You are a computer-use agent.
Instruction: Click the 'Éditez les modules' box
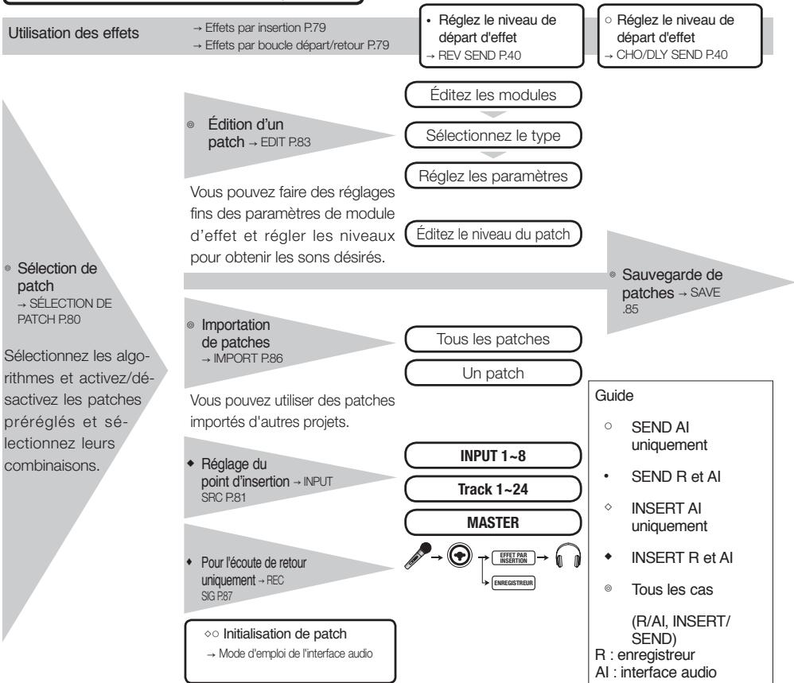point(492,95)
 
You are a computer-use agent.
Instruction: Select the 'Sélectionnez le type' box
point(492,135)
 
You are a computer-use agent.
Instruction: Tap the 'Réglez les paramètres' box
point(492,176)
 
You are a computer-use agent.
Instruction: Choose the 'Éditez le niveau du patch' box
point(492,234)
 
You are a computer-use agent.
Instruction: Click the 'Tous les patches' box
point(492,339)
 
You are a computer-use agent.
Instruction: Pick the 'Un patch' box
point(492,373)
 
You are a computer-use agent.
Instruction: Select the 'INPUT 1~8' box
point(492,456)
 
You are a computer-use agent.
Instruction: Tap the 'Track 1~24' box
point(492,489)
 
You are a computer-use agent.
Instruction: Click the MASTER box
point(492,522)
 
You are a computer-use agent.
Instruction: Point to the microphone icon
point(418,556)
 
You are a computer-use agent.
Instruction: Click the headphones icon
point(567,556)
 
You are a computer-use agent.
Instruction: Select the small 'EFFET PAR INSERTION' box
point(513,558)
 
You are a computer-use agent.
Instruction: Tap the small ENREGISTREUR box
point(513,583)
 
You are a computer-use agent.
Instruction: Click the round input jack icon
point(459,556)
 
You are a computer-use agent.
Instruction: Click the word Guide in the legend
point(613,396)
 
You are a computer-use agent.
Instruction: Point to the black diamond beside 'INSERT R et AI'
point(608,557)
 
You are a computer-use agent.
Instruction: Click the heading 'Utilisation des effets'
point(73,33)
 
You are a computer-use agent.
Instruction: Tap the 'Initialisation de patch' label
point(285,634)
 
